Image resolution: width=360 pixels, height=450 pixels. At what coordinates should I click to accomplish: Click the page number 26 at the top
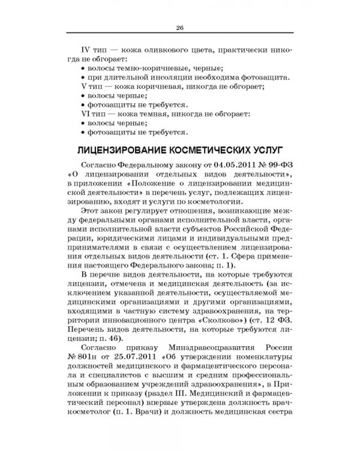(x=179, y=26)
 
